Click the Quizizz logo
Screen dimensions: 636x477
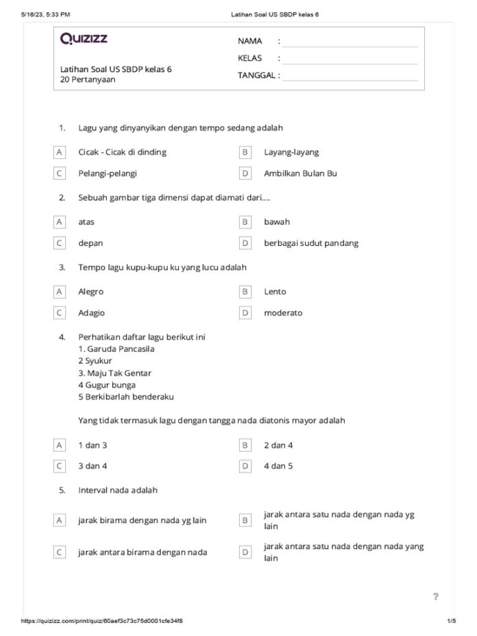[x=84, y=39]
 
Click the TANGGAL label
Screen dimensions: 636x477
[x=258, y=75]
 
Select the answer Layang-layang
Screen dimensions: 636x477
[x=291, y=152]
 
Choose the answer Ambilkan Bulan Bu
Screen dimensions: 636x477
[x=300, y=173]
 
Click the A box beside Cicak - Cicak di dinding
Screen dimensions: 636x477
[x=60, y=152]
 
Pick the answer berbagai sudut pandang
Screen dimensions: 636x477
[x=310, y=243]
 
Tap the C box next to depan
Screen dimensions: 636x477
[x=60, y=243]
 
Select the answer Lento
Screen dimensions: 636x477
[x=275, y=292]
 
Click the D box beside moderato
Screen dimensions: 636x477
[x=245, y=313]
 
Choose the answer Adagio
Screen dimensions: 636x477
[x=91, y=313]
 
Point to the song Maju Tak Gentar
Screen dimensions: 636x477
[x=114, y=373]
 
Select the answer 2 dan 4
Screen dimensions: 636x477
[x=278, y=445]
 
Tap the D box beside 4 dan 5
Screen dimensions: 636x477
[x=245, y=466]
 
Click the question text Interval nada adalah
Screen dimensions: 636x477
[x=118, y=491]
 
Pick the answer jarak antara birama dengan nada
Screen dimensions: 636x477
[x=143, y=552]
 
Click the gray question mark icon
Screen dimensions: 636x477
[x=435, y=596]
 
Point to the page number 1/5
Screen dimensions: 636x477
[x=450, y=621]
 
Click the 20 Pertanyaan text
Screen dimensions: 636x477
[x=88, y=79]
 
